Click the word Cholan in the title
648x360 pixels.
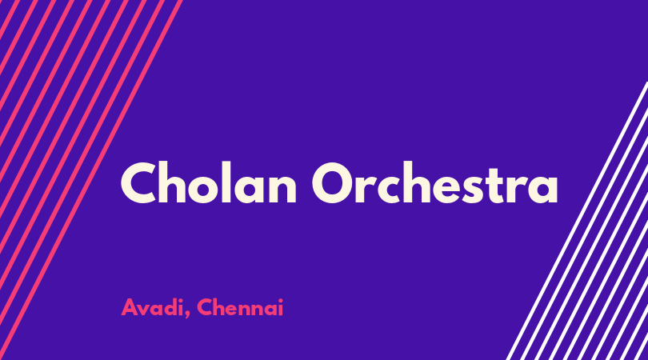click(209, 182)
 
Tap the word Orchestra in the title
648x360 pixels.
click(435, 182)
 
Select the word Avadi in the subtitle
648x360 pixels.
click(152, 307)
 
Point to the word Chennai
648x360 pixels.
click(240, 307)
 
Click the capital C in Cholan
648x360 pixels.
click(141, 182)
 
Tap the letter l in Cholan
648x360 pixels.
click(226, 182)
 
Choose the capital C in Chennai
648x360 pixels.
click(206, 307)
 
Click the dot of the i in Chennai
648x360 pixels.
click(281, 300)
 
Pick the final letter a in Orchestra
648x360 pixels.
click(542, 189)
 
